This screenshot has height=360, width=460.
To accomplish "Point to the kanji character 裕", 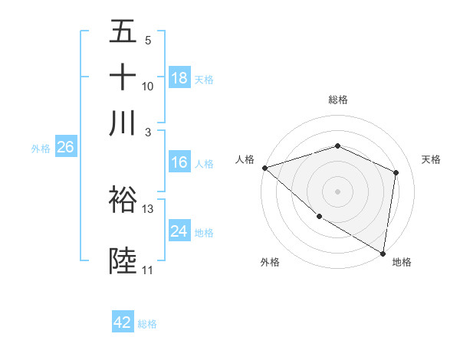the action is coord(123,200).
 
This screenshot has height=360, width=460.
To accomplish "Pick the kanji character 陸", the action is coord(123,261).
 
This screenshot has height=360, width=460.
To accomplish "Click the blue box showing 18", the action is coord(179,77).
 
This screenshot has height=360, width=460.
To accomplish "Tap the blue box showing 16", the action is coord(179,162).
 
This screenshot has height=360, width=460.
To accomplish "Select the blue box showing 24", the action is coord(179,231).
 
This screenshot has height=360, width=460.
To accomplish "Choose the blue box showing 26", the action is coord(65,148).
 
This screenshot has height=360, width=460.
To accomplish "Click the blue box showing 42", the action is coord(123,322).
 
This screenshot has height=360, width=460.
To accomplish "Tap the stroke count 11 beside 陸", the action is coord(147,270).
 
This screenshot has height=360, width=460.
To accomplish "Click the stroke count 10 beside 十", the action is coord(148,86).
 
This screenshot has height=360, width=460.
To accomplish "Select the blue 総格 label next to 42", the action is coord(147,324).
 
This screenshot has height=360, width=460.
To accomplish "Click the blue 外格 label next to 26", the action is coord(41,149).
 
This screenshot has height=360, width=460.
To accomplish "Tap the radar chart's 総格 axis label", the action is coord(337,100).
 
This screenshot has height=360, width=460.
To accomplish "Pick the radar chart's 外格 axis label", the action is coord(270,262).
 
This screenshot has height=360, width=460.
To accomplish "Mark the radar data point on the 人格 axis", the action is coord(264,168).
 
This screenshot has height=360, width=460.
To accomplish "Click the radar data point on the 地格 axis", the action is coord(383,253).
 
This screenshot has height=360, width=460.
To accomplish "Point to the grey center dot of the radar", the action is coord(337,191).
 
